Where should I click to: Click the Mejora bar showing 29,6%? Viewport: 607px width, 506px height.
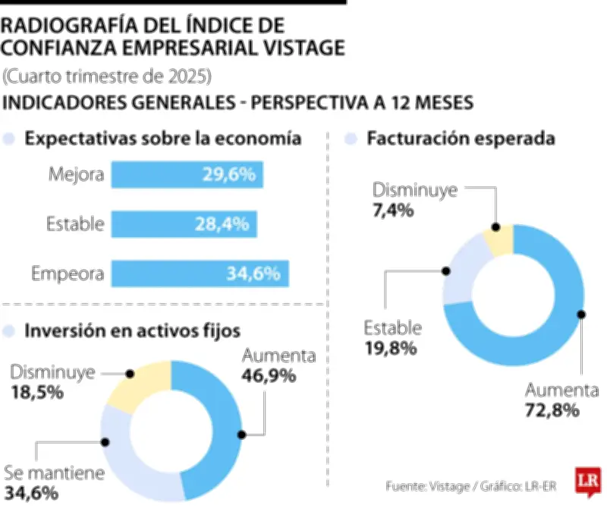click(x=187, y=175)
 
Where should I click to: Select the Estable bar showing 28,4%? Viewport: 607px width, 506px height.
click(x=184, y=223)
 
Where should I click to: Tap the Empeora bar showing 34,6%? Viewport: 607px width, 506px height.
click(x=200, y=273)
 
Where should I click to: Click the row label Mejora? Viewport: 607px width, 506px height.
click(x=76, y=175)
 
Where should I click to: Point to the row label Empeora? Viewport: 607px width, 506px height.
click(x=68, y=273)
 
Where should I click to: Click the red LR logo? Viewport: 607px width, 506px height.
click(x=585, y=481)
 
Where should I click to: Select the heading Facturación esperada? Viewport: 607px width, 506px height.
click(x=461, y=139)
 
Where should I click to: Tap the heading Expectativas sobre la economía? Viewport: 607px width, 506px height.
click(x=164, y=139)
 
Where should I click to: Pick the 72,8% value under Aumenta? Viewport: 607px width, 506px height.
click(x=552, y=411)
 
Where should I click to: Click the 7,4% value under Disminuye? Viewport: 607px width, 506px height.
click(x=393, y=210)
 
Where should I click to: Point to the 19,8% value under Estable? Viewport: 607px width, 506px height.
click(x=390, y=348)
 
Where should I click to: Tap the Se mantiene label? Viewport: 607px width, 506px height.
click(x=53, y=473)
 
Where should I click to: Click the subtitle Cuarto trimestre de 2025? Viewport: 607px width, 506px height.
click(x=106, y=77)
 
